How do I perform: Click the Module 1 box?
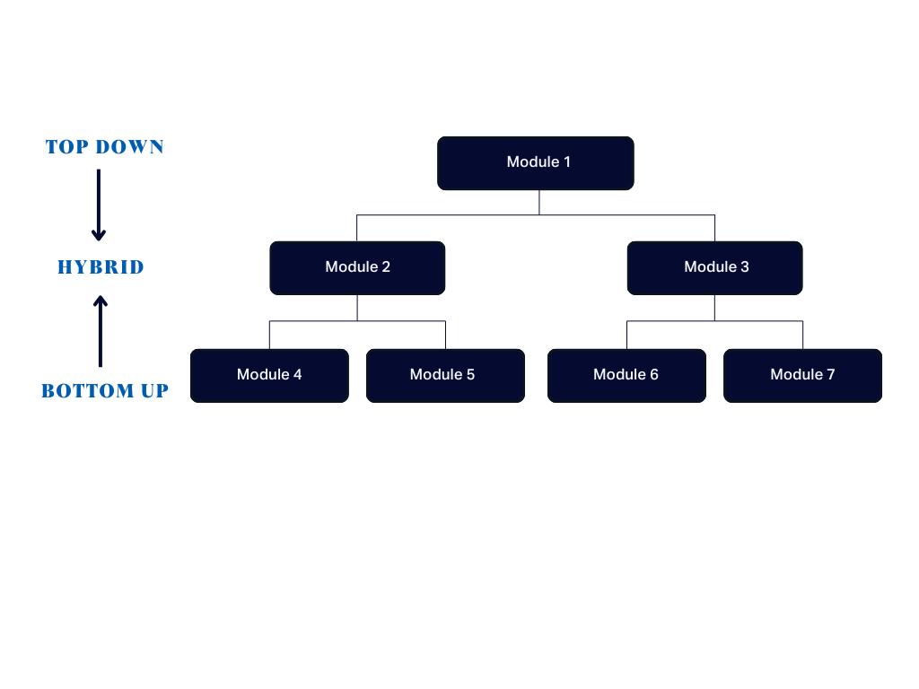(535, 163)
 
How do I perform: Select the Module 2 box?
(357, 267)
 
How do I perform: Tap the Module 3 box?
(714, 267)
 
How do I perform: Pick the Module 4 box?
(269, 375)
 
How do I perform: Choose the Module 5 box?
(445, 375)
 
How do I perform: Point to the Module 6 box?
(626, 375)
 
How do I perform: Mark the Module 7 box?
(802, 375)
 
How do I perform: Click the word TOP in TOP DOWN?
(65, 147)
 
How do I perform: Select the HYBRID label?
(101, 267)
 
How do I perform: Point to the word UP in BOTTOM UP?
(152, 391)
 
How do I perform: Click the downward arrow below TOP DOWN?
(99, 205)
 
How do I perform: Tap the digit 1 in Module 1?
(566, 162)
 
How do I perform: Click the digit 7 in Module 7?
(830, 375)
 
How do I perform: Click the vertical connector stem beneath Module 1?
(539, 202)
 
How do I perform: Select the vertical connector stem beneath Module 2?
(357, 308)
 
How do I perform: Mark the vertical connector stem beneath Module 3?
(714, 308)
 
